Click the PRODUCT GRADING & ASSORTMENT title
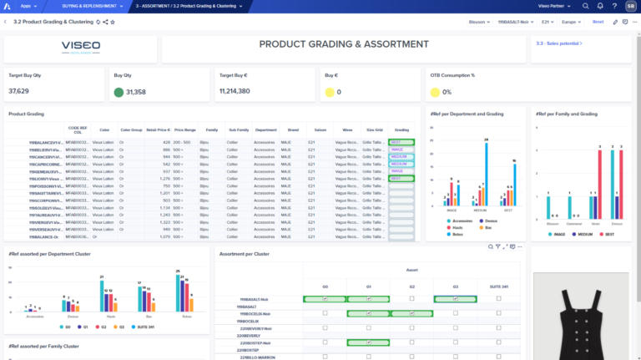click(x=344, y=44)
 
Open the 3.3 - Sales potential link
click(x=559, y=42)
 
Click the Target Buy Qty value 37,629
click(x=19, y=90)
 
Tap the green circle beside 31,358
click(x=119, y=92)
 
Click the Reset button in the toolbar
click(x=598, y=22)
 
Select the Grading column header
click(x=401, y=130)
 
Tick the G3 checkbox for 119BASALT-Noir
click(x=456, y=298)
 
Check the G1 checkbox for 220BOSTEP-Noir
click(x=368, y=342)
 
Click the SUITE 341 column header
click(x=499, y=286)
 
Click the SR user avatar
click(x=628, y=6)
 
